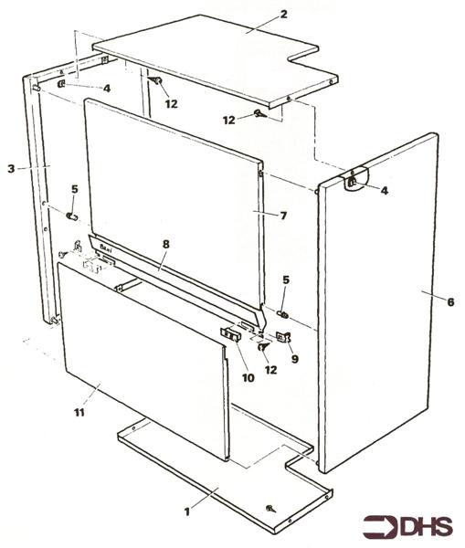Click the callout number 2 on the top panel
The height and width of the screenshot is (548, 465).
283,15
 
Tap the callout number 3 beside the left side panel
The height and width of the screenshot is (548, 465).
12,169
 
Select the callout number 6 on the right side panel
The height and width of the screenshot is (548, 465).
450,302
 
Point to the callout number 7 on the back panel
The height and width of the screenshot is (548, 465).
283,216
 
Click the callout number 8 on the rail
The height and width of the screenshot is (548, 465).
165,244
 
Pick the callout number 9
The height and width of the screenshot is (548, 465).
295,359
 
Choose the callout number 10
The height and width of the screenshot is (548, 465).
248,378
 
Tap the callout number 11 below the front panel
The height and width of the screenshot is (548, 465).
79,413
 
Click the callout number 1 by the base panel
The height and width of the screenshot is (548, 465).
187,512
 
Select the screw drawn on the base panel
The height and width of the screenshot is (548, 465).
270,509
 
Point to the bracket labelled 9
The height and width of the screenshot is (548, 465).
283,337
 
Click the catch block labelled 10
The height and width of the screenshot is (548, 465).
231,334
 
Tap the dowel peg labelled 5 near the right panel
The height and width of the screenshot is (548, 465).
283,315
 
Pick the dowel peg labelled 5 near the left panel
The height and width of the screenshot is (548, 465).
71,216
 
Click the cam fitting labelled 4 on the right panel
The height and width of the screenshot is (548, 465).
353,182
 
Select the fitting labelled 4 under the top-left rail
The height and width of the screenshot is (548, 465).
61,84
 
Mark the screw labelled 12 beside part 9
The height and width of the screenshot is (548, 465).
262,347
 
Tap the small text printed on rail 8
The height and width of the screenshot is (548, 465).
105,248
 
